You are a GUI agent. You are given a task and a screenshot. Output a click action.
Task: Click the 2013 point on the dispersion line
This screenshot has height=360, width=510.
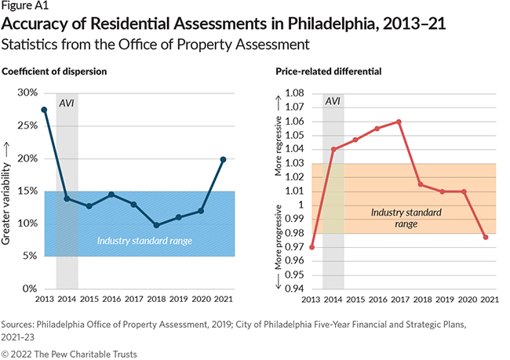click(44, 110)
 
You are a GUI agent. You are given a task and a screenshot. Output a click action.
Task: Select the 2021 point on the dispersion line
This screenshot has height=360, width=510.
click(224, 159)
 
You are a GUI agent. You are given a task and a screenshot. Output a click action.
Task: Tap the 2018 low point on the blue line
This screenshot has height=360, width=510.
click(156, 225)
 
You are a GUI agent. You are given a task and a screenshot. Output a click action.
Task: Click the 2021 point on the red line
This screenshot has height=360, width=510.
click(486, 237)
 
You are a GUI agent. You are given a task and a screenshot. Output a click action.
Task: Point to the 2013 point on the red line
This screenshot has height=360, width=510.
click(311, 247)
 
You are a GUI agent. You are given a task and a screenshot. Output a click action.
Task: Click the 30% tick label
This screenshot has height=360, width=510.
click(28, 93)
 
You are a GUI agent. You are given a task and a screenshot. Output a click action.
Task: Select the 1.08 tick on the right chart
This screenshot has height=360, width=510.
click(293, 93)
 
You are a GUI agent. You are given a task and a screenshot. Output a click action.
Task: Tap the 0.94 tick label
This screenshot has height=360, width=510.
click(293, 289)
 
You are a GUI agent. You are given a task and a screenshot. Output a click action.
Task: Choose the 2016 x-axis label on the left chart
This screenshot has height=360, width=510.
click(111, 299)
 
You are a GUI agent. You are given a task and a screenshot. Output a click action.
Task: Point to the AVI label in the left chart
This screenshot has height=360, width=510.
click(67, 104)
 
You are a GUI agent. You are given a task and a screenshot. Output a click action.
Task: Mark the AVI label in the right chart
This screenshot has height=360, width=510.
click(333, 102)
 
